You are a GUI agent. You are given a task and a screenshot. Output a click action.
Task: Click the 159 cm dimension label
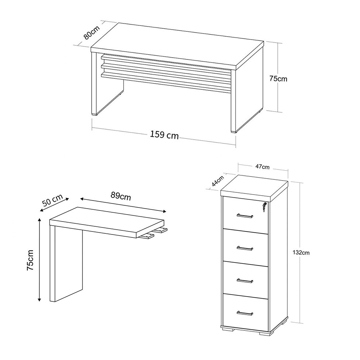[x=164, y=135]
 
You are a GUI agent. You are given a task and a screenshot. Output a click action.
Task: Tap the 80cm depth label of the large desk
[x=91, y=32]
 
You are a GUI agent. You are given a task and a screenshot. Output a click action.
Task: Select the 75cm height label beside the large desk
[x=278, y=79]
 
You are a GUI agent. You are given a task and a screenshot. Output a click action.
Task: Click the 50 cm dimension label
[x=52, y=200]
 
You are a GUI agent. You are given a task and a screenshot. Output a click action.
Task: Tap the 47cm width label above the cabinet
[x=263, y=167]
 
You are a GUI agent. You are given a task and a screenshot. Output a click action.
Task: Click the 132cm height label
[x=301, y=253]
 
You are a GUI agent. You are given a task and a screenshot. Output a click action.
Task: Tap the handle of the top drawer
[x=245, y=216]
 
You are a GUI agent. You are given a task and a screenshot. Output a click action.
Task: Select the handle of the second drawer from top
[x=245, y=248]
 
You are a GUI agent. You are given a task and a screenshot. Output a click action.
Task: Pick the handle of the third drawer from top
[x=245, y=281]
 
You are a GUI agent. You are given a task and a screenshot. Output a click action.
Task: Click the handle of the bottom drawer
[x=245, y=313]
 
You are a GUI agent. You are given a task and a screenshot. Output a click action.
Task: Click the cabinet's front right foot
[x=265, y=330]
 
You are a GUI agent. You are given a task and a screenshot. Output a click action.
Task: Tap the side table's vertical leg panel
[x=66, y=263]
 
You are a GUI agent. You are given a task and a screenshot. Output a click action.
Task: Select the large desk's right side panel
[x=247, y=99]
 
